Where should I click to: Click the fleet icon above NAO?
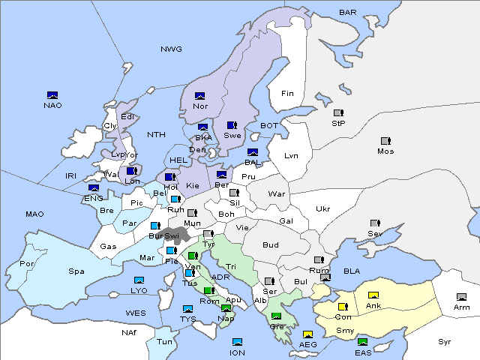coord(52,95)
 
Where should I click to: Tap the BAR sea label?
coord(348,13)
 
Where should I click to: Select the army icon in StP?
coord(338,113)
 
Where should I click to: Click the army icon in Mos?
coord(385,141)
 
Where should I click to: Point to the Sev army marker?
coord(375,223)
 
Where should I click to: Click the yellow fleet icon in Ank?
coord(373,295)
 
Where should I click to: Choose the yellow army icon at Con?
coord(343,307)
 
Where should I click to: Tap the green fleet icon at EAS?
coord(363,343)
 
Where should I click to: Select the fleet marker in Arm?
coord(461,297)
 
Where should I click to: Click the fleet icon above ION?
coord(238,342)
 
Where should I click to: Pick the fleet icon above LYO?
coord(139,280)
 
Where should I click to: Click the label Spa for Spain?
coord(76,271)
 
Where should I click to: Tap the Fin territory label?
coord(286,94)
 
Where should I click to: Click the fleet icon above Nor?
coord(199,96)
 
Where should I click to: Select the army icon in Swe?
coord(232,125)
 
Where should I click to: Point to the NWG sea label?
coord(171,49)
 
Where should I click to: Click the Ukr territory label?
coord(322,208)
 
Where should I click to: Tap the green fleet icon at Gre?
coord(276,316)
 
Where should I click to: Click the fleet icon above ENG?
coord(94,188)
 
